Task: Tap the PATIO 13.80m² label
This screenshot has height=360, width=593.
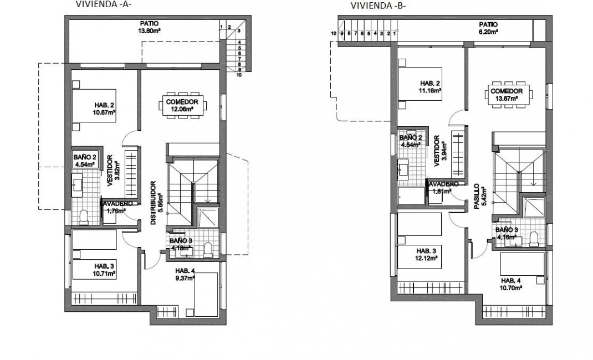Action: click(149, 27)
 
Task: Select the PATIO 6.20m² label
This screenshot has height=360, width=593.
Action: click(488, 28)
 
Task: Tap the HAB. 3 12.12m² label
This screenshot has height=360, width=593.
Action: click(427, 254)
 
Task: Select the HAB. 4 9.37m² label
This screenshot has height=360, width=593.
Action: click(185, 275)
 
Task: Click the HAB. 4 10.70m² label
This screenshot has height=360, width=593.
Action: click(512, 285)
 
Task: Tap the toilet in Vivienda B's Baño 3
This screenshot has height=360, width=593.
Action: click(534, 238)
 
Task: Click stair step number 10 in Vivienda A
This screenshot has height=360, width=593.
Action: click(238, 75)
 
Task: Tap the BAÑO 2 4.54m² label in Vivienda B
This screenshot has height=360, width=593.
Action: click(410, 141)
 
